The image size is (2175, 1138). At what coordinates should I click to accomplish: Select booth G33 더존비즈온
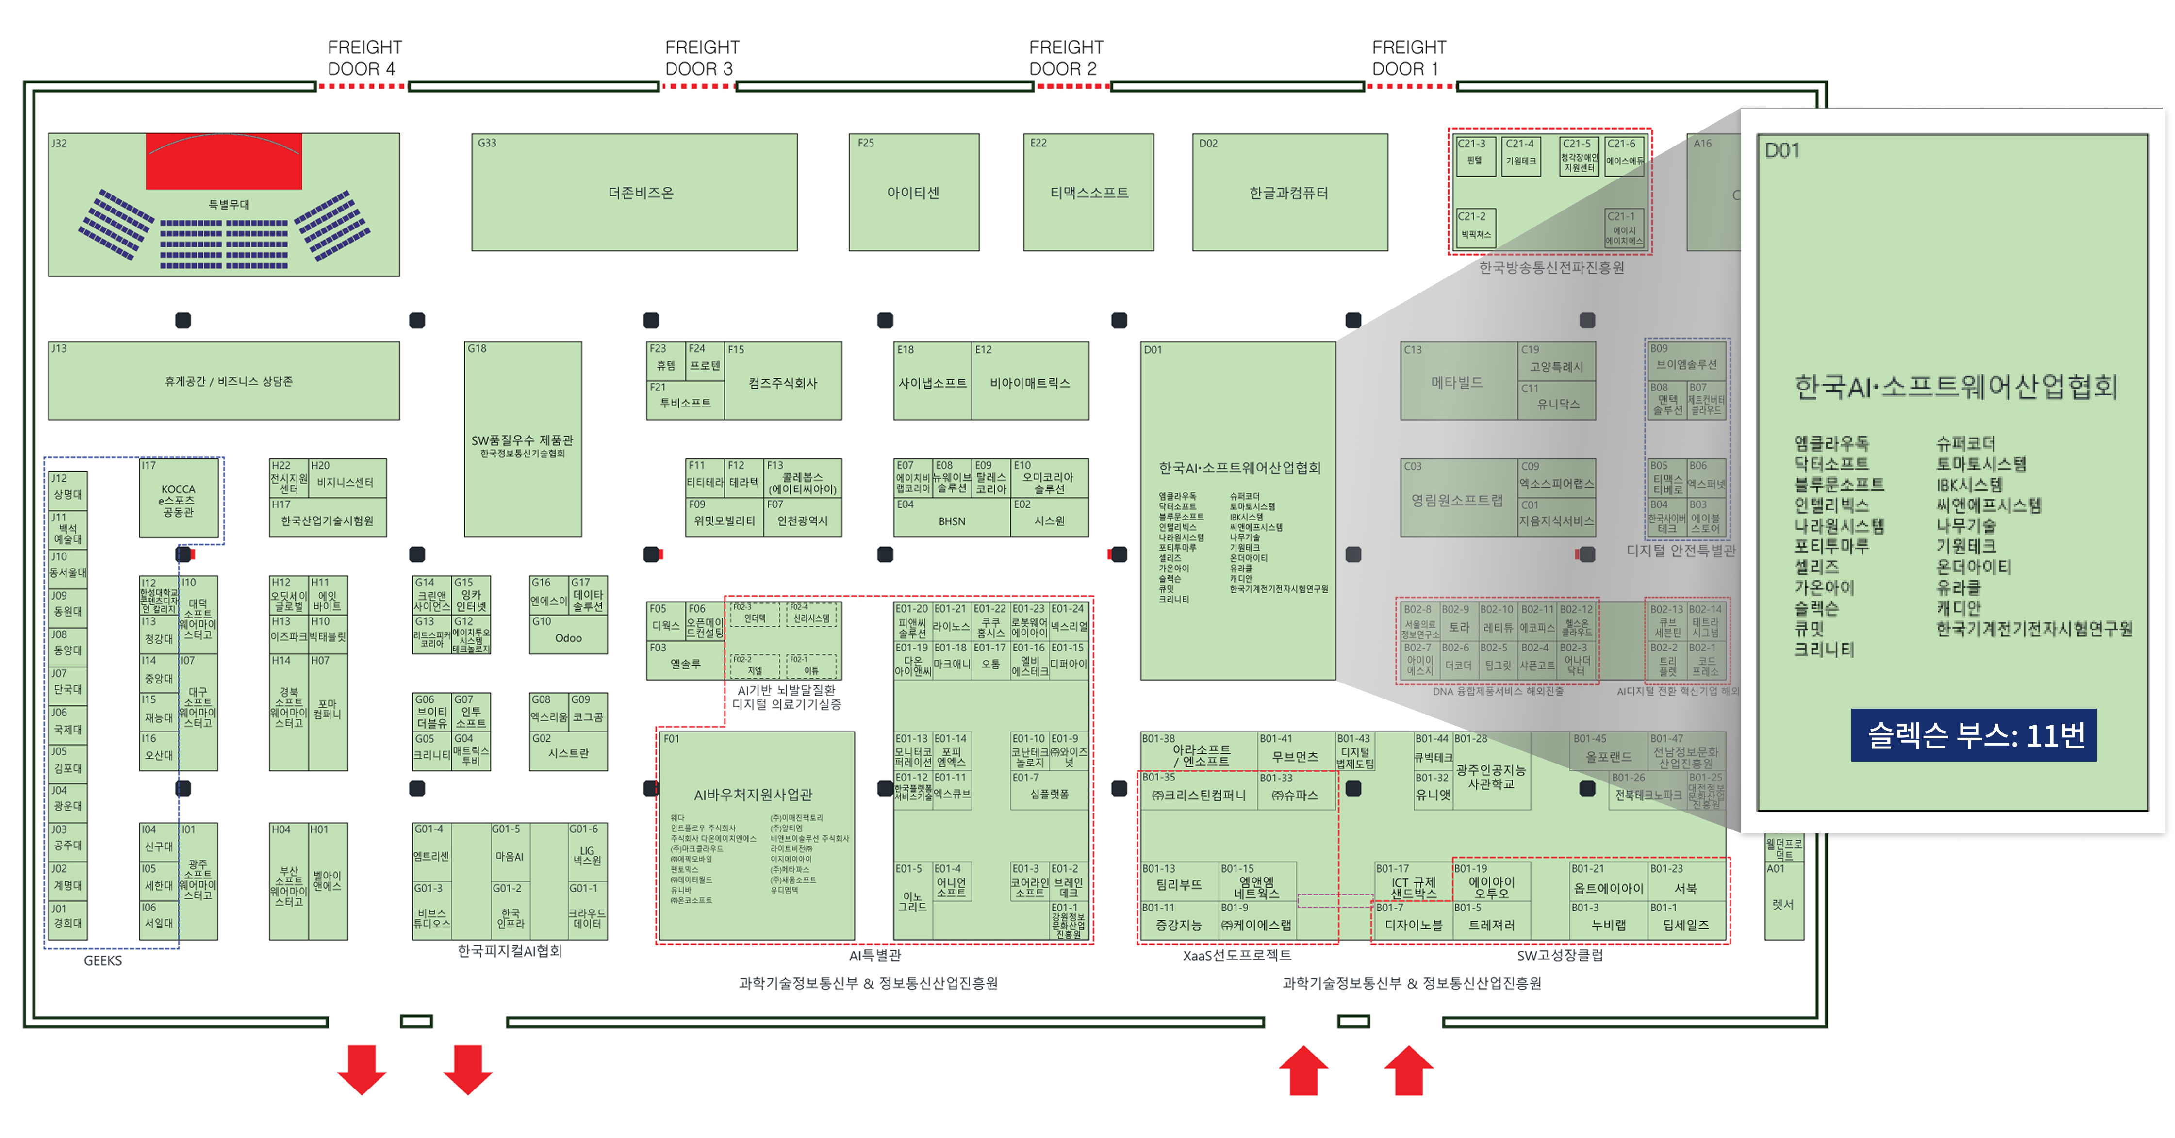pyautogui.click(x=634, y=193)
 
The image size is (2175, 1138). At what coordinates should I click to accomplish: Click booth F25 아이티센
pyautogui.click(x=914, y=193)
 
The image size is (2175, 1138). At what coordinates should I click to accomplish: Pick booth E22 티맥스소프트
pyautogui.click(x=1088, y=193)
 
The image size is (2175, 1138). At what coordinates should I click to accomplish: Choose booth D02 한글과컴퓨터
pyautogui.click(x=1289, y=193)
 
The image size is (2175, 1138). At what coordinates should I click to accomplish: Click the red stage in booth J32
pyautogui.click(x=224, y=161)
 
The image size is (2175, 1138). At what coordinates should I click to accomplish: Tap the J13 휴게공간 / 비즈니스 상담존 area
pyautogui.click(x=224, y=381)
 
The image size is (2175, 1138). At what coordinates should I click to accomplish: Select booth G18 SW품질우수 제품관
pyautogui.click(x=523, y=440)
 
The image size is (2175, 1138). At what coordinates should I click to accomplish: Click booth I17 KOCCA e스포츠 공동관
pyautogui.click(x=178, y=500)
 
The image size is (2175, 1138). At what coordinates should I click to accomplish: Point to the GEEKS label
pyautogui.click(x=103, y=961)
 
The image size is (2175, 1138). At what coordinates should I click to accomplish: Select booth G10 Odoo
pyautogui.click(x=568, y=637)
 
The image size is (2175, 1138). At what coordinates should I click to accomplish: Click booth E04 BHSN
pyautogui.click(x=952, y=521)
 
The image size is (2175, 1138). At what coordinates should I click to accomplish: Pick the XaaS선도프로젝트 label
pyautogui.click(x=1237, y=956)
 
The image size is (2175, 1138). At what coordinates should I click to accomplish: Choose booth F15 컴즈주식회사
pyautogui.click(x=783, y=382)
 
